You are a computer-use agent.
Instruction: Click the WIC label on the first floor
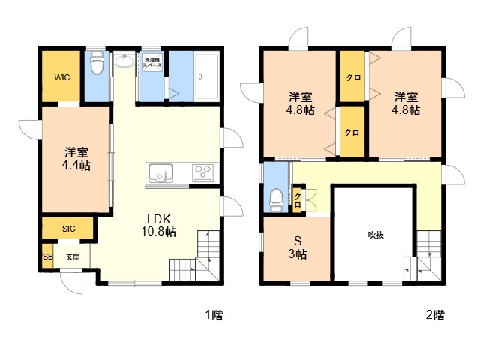62,77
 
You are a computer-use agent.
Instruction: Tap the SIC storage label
68,229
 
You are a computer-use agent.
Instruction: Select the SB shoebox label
48,256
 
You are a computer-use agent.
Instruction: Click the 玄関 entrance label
73,256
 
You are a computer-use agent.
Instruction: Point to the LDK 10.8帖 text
158,225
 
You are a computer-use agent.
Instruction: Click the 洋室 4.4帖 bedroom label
76,159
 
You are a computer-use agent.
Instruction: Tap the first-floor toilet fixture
97,62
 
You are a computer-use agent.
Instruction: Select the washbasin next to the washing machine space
124,61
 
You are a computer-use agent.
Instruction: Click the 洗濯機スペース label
152,62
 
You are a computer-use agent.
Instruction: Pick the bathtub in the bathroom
207,76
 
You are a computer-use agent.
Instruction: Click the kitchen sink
160,173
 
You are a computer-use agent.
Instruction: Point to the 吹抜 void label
376,235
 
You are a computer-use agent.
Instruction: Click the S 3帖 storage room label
298,247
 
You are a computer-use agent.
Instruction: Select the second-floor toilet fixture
276,200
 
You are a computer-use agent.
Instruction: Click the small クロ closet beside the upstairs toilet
298,200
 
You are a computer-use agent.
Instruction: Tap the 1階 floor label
214,315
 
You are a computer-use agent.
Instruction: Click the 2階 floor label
435,315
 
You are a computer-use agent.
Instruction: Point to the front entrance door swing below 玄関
72,282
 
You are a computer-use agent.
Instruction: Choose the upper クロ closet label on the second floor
353,77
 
